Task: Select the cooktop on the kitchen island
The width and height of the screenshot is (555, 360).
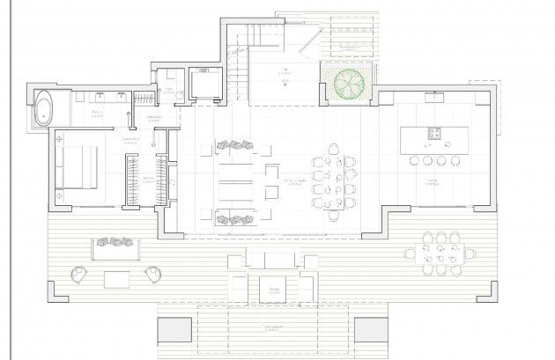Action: (x=435, y=134)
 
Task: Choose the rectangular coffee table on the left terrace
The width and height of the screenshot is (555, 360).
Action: (x=117, y=280)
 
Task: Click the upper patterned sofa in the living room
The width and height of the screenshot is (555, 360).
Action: (x=235, y=146)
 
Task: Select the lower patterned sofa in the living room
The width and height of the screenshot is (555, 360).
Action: (x=235, y=218)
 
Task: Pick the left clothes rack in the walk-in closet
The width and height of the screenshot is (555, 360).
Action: (x=132, y=181)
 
